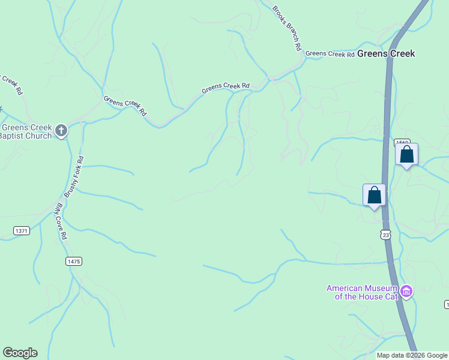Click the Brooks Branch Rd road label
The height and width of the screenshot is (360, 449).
click(286, 29)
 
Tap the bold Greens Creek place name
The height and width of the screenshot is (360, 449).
click(386, 53)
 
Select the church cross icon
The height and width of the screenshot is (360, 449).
click(61, 130)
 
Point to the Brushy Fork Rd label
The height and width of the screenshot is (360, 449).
click(74, 177)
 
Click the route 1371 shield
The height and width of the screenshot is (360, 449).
click(21, 231)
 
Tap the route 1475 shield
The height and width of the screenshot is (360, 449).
click(73, 261)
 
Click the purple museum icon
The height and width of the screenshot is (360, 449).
click(406, 292)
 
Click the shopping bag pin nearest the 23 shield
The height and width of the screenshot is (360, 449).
click(375, 196)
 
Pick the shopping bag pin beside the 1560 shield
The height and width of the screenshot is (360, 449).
click(406, 155)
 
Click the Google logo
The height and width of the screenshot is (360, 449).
click(20, 353)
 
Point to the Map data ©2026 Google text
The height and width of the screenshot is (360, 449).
click(412, 355)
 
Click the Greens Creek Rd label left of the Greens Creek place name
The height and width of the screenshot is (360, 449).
click(330, 54)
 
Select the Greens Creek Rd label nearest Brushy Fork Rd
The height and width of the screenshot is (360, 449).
click(125, 106)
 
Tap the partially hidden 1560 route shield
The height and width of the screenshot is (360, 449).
click(400, 143)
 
